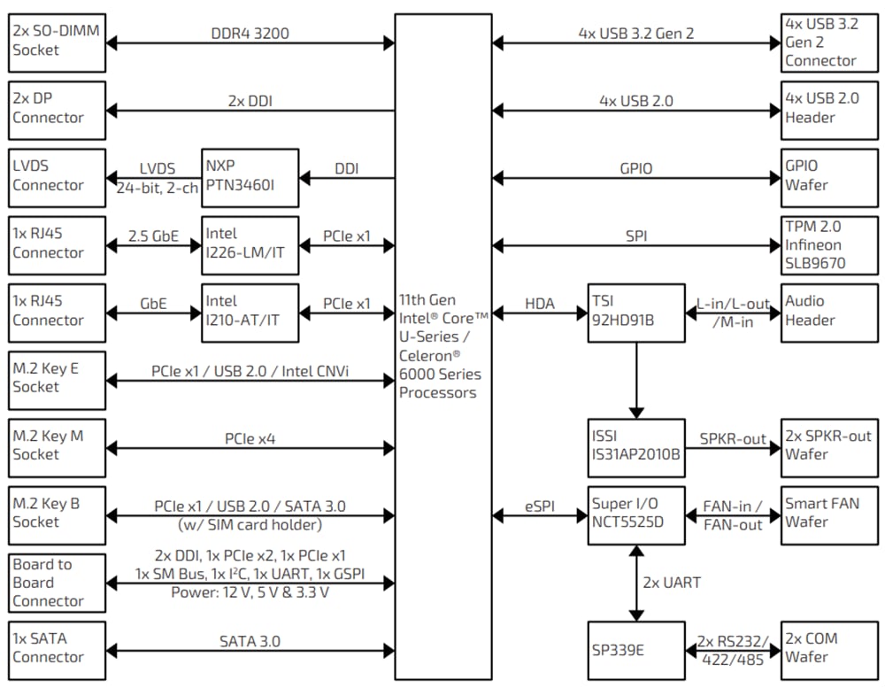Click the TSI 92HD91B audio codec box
click(636, 313)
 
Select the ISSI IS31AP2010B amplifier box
click(636, 447)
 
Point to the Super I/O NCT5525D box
click(636, 514)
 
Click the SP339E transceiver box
click(636, 651)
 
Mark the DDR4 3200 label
click(250, 34)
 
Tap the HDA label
click(540, 304)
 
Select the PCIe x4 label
click(250, 438)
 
